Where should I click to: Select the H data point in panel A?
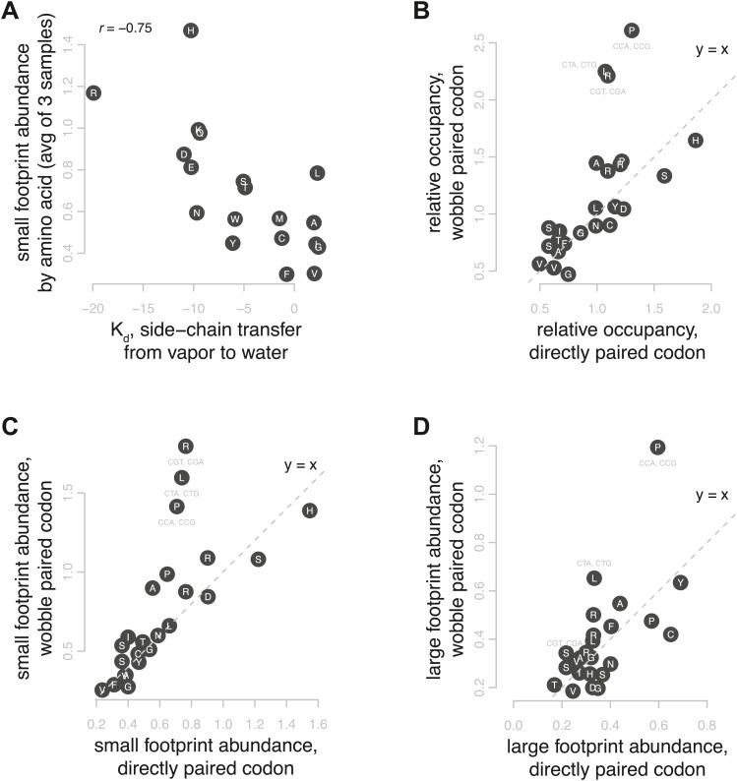point(190,30)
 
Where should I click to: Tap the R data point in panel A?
point(93,93)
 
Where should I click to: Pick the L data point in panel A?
point(317,173)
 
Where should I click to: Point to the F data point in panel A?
point(286,273)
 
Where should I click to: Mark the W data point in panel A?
point(235,219)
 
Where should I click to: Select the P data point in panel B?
point(632,30)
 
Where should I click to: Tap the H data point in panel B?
point(696,141)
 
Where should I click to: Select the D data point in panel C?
point(208,597)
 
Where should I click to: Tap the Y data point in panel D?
point(680,583)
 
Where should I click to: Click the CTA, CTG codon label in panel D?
point(595,564)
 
